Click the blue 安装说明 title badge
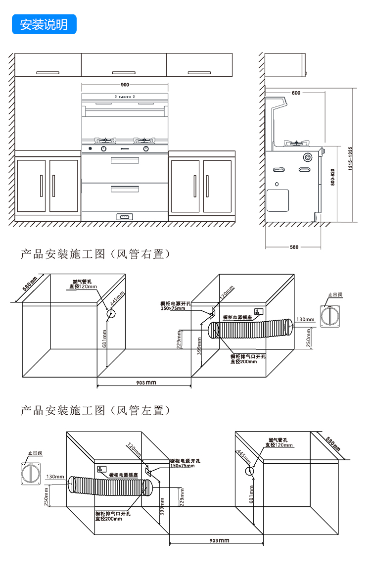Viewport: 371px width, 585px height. pos(44,24)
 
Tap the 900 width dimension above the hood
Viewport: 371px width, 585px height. pos(125,85)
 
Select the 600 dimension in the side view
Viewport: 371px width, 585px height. pos(296,93)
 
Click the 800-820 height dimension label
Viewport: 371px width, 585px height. pos(332,177)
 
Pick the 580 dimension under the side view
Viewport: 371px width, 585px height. pos(294,247)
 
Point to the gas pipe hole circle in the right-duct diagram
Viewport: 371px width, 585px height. pos(111,313)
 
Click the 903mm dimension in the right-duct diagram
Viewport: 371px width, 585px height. pos(143,383)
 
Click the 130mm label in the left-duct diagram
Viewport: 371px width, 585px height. pos(55,477)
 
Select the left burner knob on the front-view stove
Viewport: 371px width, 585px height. pos(104,148)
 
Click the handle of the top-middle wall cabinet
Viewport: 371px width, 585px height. pos(124,73)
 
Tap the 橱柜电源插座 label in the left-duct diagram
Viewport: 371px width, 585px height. pos(125,475)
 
